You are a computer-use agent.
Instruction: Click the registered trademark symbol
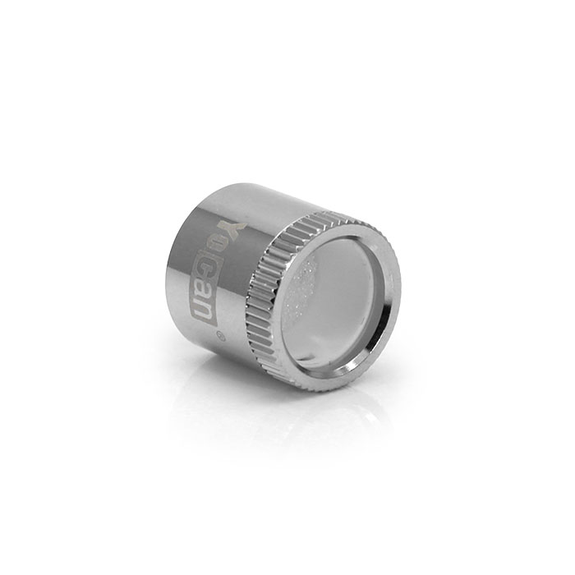pyautogui.click(x=219, y=335)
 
